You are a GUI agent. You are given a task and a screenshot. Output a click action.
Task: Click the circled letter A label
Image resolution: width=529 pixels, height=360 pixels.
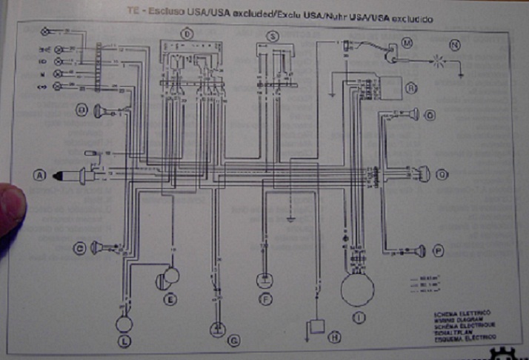tap(40, 175)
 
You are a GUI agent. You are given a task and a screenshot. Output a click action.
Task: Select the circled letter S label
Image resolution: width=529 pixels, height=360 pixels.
tap(273, 36)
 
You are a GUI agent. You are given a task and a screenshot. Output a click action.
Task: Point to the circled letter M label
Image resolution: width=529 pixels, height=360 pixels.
tap(406, 44)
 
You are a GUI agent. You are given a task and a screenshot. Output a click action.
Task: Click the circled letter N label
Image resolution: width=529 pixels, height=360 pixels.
tap(455, 44)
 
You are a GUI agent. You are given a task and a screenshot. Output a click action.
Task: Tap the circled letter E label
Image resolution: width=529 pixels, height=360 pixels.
tap(170, 299)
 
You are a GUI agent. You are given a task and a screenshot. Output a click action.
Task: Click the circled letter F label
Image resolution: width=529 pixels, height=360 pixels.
tap(264, 299)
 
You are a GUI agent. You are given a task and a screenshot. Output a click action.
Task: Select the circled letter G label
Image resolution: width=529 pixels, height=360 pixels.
tap(234, 341)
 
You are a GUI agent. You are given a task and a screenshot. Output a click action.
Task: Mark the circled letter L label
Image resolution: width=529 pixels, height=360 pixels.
tap(123, 341)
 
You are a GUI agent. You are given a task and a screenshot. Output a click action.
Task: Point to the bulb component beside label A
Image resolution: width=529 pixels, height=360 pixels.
tap(74, 176)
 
